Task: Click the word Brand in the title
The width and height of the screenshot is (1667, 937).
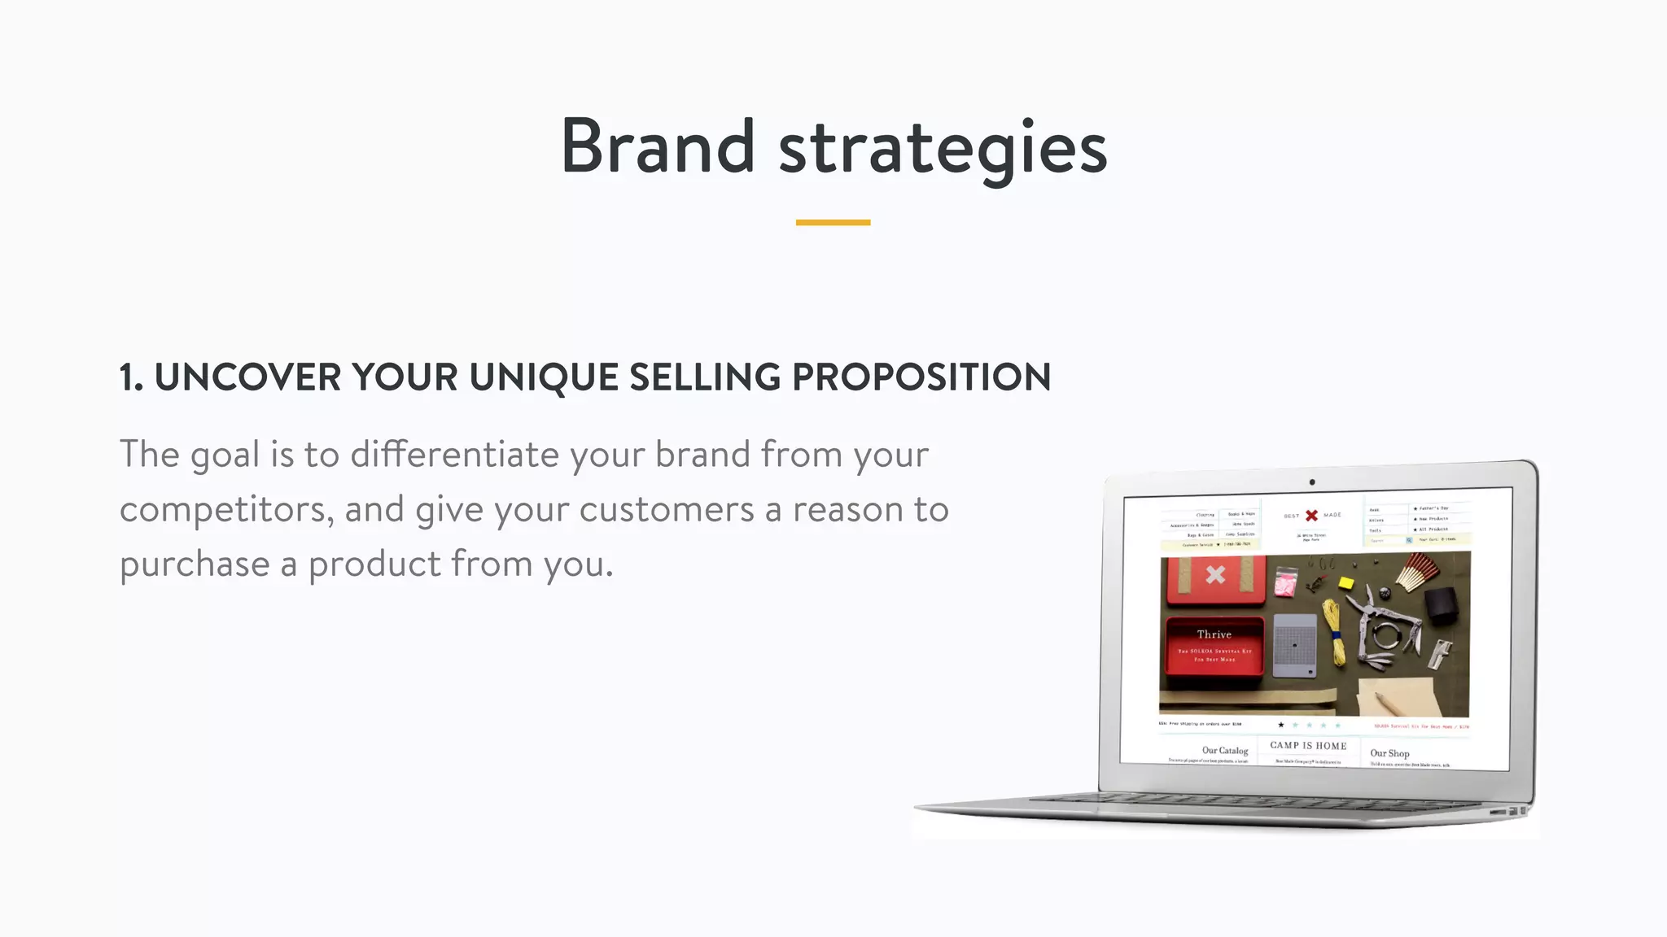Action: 658,146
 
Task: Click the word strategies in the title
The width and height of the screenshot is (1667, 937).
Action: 943,150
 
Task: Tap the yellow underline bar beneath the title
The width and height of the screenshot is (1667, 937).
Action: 833,222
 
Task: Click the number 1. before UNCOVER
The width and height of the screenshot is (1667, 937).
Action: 131,377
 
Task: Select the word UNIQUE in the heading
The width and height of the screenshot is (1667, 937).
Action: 544,377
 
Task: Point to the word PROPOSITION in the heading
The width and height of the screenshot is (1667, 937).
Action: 921,377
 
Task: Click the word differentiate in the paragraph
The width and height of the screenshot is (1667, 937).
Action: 454,454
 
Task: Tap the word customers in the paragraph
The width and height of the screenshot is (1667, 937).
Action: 666,510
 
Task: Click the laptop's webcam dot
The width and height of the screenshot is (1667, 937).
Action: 1312,482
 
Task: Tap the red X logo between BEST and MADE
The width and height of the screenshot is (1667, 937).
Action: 1311,516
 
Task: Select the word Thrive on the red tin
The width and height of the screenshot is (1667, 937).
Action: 1214,634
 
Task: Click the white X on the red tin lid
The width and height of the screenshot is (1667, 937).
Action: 1215,575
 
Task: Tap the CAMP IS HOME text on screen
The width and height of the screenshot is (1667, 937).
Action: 1308,746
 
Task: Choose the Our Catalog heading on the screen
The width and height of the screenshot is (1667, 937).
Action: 1224,751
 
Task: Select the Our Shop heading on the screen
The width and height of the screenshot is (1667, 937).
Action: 1389,753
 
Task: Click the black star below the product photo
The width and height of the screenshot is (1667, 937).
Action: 1280,725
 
